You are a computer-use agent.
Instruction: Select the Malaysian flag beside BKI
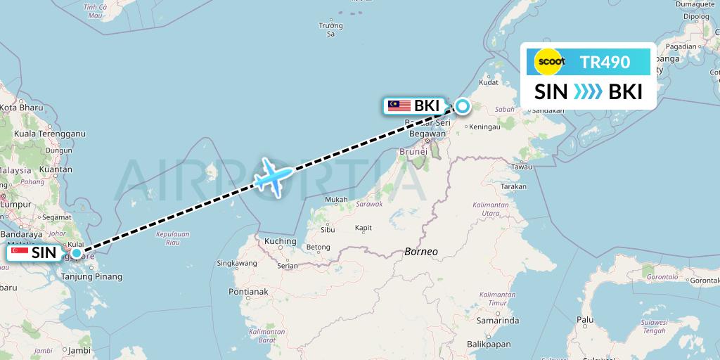pyautogui.click(x=399, y=106)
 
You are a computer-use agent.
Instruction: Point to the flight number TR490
pyautogui.click(x=605, y=62)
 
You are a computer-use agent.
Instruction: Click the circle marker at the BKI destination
pyautogui.click(x=463, y=106)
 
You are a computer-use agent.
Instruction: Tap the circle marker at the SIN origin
pyautogui.click(x=76, y=252)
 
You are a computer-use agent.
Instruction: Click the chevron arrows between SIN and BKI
pyautogui.click(x=588, y=92)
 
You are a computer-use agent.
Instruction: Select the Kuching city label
pyautogui.click(x=281, y=241)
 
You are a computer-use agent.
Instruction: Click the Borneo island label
pyautogui.click(x=421, y=251)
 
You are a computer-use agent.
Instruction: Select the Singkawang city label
pyautogui.click(x=236, y=263)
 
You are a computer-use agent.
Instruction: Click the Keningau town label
pyautogui.click(x=484, y=127)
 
